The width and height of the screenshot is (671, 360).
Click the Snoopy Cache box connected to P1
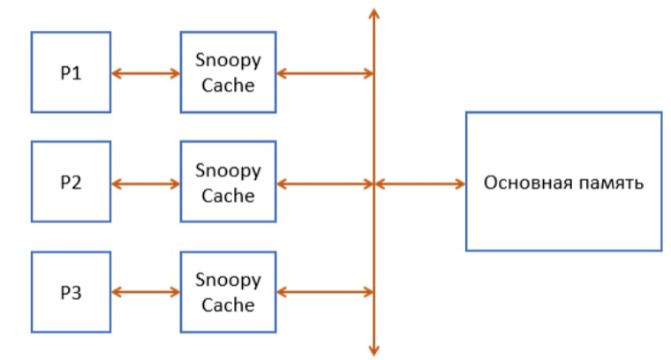tap(228, 72)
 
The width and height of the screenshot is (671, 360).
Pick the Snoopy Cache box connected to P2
tap(228, 183)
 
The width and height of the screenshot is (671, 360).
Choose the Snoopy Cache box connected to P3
tap(228, 292)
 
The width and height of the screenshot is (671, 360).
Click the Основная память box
tap(563, 182)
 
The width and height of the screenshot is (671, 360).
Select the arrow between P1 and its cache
tap(146, 73)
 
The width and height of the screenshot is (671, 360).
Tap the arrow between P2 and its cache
tap(146, 184)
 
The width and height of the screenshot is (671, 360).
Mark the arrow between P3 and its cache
tap(146, 292)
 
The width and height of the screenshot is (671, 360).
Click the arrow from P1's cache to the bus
tap(324, 73)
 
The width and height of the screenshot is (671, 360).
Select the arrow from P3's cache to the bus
tap(324, 292)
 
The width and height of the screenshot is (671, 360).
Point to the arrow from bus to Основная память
tap(420, 184)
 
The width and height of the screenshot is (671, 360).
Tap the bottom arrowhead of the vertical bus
tap(374, 349)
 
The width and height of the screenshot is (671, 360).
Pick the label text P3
tap(71, 293)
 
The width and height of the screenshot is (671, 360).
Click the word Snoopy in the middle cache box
tap(228, 171)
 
